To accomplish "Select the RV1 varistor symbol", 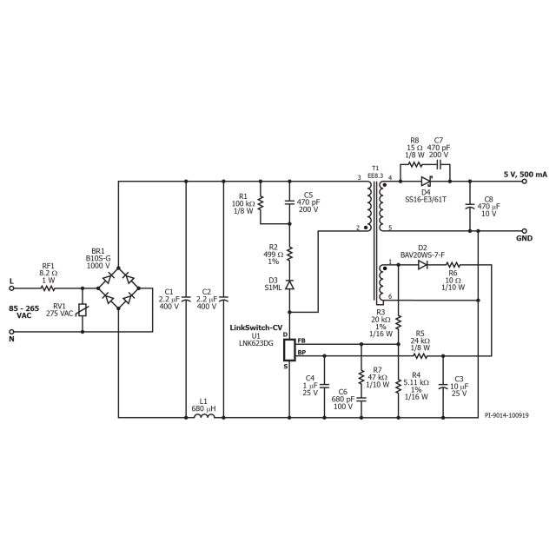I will click(82, 309).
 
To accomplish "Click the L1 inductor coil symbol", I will click(202, 416).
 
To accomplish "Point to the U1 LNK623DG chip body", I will click(289, 347).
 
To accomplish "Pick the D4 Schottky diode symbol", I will click(426, 181).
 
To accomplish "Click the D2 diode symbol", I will click(422, 264).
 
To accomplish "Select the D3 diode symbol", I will click(290, 285).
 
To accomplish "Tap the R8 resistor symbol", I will click(414, 163).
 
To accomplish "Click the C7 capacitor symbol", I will click(441, 163).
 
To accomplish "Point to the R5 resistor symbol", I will click(420, 355).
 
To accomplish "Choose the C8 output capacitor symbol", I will click(470, 207).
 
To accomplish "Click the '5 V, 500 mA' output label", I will click(526, 175).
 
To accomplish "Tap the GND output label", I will click(524, 237).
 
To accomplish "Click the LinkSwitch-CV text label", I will click(256, 328).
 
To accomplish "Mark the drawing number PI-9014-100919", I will click(506, 416).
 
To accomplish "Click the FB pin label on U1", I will click(301, 341).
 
